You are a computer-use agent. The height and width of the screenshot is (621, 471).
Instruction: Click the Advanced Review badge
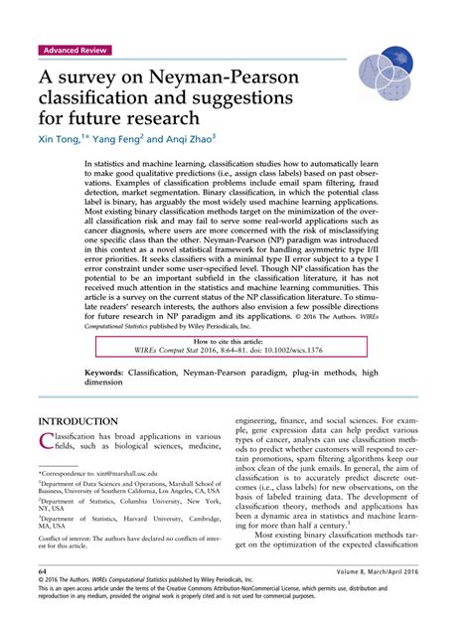point(76,50)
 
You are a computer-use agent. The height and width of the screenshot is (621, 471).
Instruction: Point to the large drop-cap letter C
point(47,439)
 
